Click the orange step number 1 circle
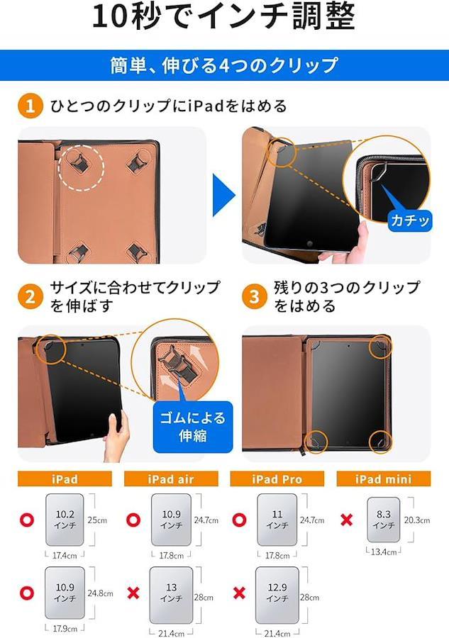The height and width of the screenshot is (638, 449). tap(30, 106)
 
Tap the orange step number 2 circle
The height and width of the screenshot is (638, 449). tap(30, 296)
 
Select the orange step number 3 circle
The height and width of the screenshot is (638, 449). tap(255, 296)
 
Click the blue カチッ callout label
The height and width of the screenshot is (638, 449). tap(409, 220)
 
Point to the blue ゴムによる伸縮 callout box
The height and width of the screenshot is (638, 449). tap(192, 427)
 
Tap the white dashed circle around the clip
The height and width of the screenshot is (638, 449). tap(81, 167)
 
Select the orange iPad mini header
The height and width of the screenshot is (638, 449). tap(384, 479)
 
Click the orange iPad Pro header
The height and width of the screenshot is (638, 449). tap(277, 479)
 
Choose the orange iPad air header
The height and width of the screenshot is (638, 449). tap(171, 479)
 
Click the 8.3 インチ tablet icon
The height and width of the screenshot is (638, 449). tap(384, 520)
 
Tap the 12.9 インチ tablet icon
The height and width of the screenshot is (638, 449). tap(277, 595)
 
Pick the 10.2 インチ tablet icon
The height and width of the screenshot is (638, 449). tap(65, 520)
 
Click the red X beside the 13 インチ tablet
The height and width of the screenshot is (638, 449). tap(133, 593)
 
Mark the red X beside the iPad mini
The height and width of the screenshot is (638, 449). tap(346, 520)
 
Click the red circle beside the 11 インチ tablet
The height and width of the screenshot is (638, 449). tap(239, 520)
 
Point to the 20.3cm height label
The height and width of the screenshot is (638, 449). tap(417, 520)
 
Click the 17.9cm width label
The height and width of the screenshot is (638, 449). tap(65, 629)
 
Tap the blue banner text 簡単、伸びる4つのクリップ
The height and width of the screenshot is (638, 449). tap(224, 65)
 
